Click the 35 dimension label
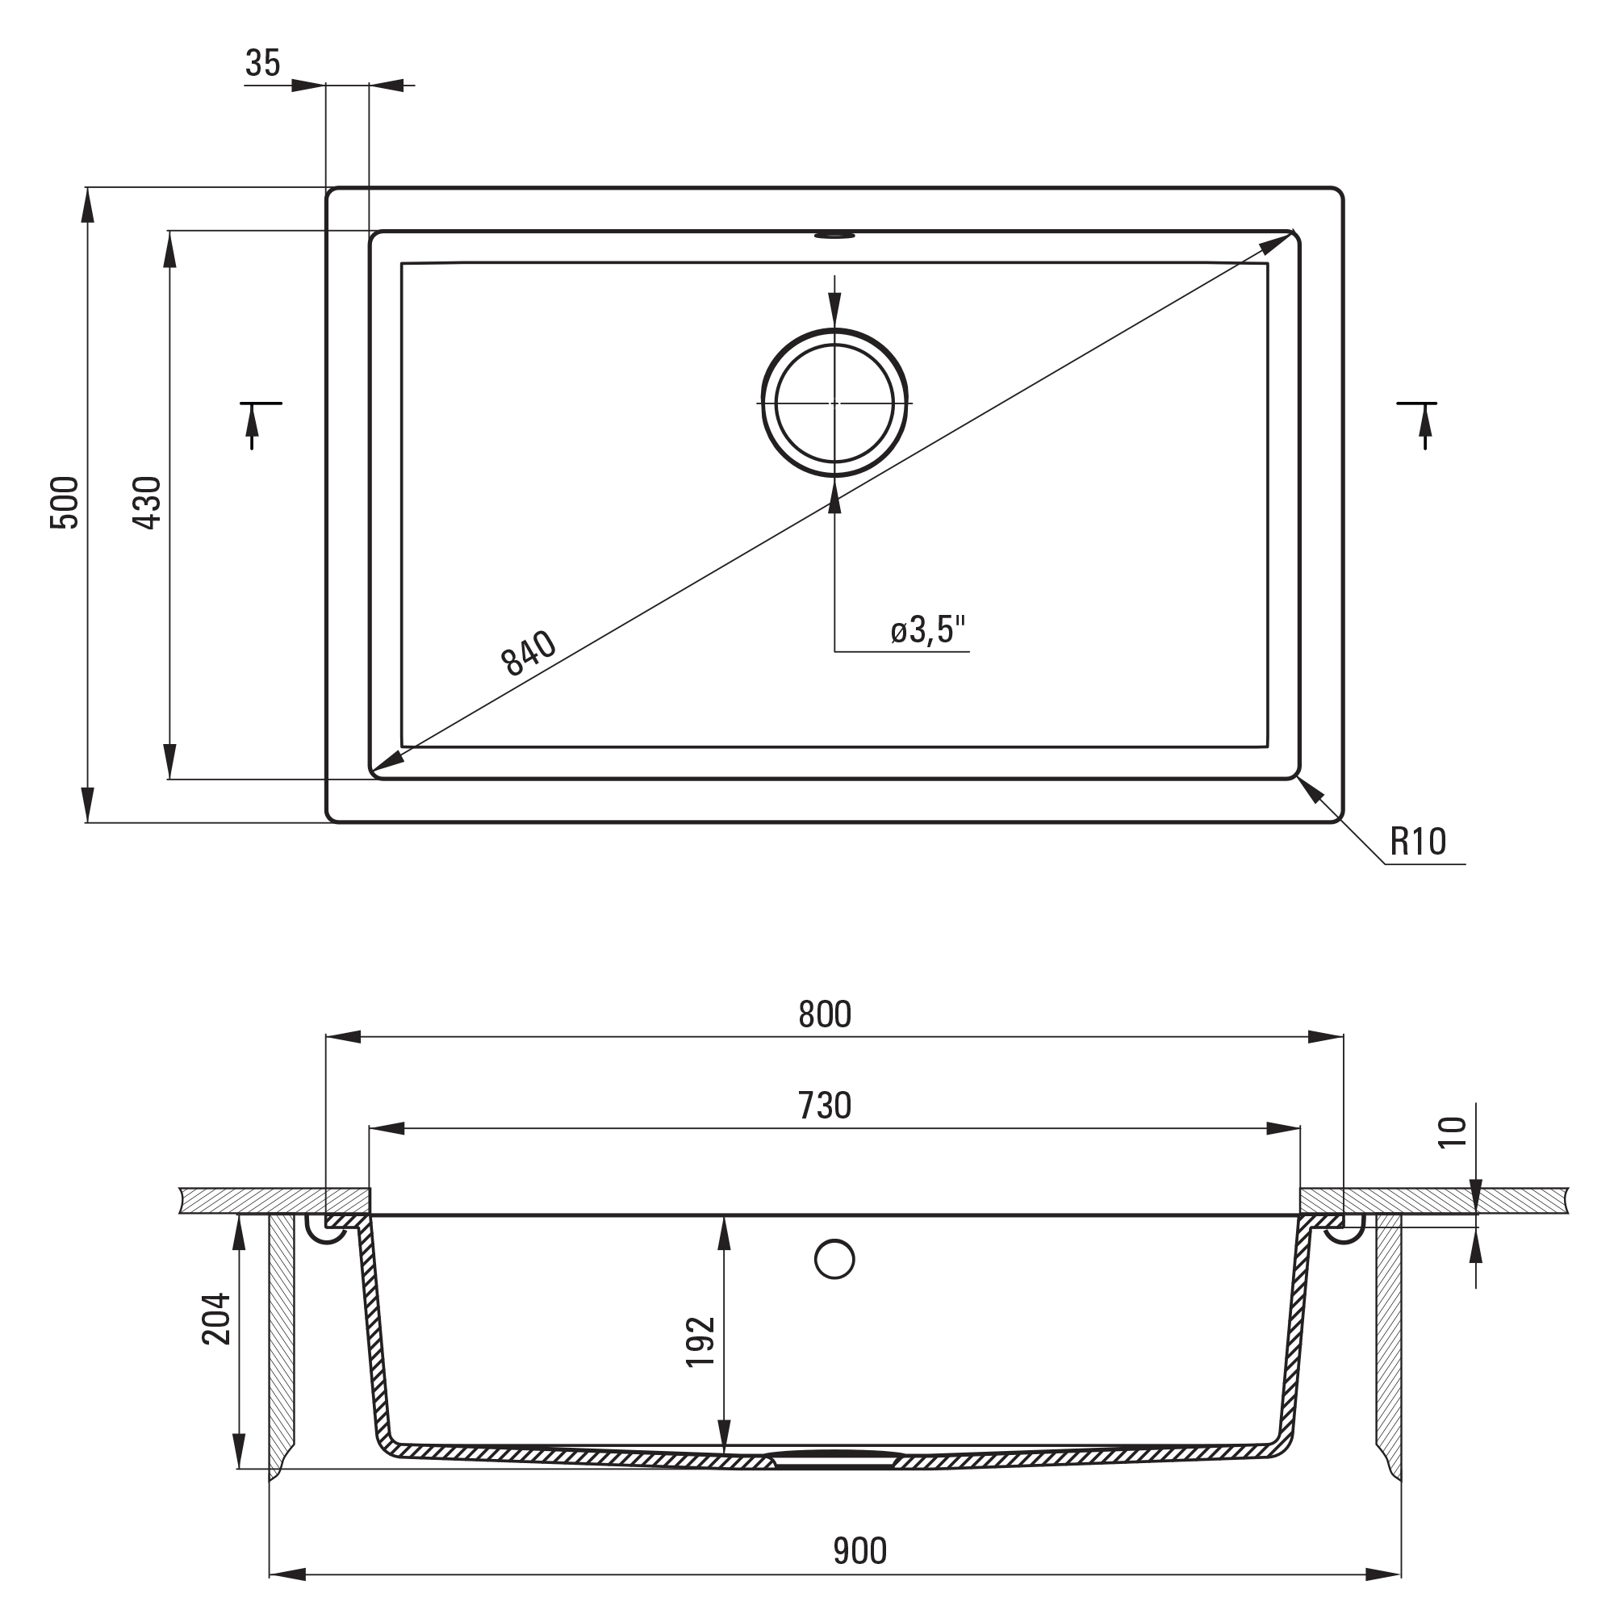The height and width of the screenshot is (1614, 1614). pos(263,64)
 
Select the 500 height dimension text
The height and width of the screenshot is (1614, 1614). pos(65,503)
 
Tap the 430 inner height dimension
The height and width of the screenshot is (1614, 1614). pos(148,503)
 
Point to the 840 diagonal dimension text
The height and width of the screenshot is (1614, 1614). pos(529,652)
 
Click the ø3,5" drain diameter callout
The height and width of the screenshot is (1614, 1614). pos(928,630)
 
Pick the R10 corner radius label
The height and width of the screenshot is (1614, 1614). pos(1418,842)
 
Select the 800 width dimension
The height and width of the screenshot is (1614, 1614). pos(825,1014)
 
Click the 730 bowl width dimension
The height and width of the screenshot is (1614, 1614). pos(825,1106)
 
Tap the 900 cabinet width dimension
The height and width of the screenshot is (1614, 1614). pos(859,1551)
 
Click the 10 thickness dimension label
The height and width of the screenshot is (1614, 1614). pos(1453,1133)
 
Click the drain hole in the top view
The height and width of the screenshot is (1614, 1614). pos(834,403)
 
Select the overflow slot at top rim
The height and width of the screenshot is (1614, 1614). pos(834,236)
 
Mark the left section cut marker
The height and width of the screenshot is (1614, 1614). pos(257,424)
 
